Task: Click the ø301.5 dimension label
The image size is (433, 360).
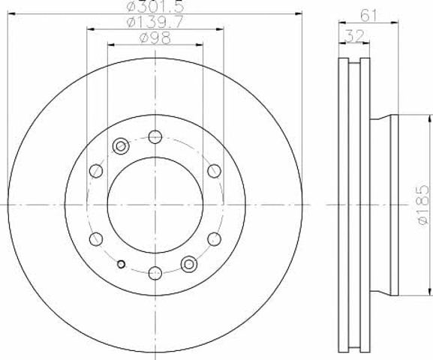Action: point(155,6)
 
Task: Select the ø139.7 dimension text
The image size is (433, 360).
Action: point(155,22)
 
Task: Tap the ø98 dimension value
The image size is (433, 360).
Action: point(155,38)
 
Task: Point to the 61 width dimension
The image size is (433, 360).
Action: point(368,16)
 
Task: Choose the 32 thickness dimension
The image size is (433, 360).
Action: point(354,36)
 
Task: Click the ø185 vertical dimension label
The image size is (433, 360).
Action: point(424,205)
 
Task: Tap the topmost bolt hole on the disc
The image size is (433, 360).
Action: point(155,136)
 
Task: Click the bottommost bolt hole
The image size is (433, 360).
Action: point(155,273)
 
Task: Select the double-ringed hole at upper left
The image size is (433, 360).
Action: point(121,145)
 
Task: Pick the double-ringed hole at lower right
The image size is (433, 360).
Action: point(189,264)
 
